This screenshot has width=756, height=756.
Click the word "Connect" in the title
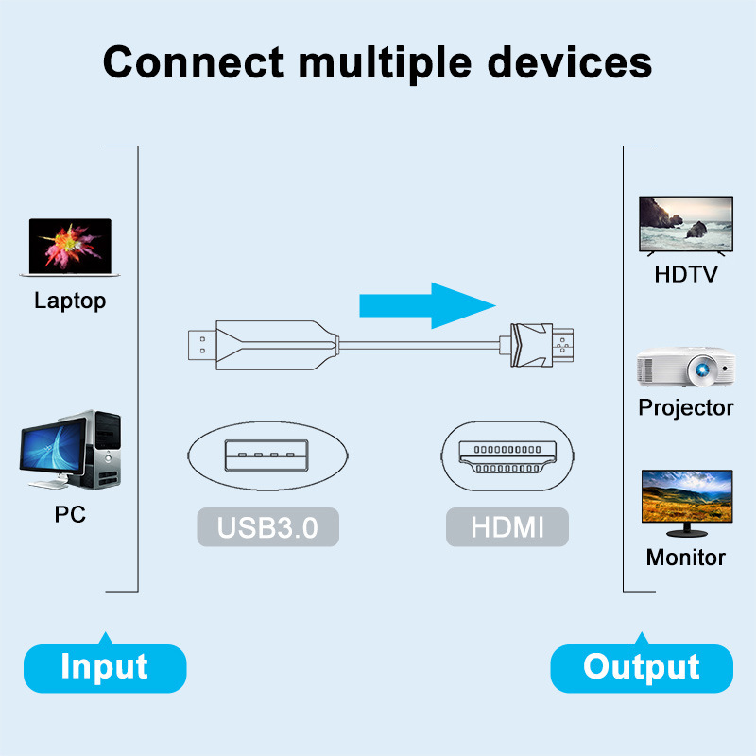[x=193, y=62]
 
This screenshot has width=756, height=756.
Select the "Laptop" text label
[x=70, y=301]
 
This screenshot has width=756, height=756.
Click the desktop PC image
[x=71, y=451]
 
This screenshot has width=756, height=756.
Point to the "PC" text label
[x=70, y=515]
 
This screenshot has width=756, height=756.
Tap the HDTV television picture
[x=686, y=225]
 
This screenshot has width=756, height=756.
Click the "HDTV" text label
[x=686, y=275]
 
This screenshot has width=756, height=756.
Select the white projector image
[x=686, y=368]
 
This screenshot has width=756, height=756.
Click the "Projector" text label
[x=686, y=408]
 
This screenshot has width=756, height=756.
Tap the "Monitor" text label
[x=686, y=558]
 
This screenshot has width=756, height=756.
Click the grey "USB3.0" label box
[x=267, y=526]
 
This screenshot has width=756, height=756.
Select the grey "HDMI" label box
[x=507, y=526]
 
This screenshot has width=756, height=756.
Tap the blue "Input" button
[x=104, y=667]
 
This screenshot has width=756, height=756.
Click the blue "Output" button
[x=642, y=667]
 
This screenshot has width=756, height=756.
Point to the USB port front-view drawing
[x=267, y=455]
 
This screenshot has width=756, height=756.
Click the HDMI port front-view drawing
[x=507, y=455]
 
